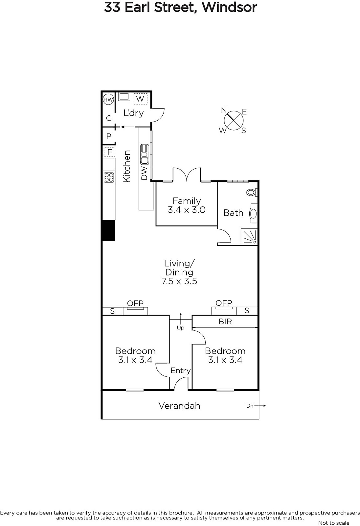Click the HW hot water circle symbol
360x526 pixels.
point(108,100)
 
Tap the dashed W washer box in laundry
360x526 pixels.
point(140,99)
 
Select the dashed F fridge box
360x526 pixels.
point(109,152)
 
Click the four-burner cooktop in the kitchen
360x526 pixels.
point(109,177)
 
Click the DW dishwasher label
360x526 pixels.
point(144,173)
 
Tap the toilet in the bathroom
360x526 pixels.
point(252,193)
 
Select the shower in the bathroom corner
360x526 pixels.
point(249,237)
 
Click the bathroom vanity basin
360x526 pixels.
point(254,213)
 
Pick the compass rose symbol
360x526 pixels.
point(234,120)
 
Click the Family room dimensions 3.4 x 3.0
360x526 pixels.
point(187,210)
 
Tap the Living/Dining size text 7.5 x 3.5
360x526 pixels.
point(179,281)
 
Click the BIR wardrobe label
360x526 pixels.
point(225,322)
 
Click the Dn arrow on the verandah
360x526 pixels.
point(260,406)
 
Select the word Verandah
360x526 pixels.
point(179,406)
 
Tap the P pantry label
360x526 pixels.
point(109,136)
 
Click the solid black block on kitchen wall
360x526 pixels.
point(108,230)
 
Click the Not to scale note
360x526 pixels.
point(334,523)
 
